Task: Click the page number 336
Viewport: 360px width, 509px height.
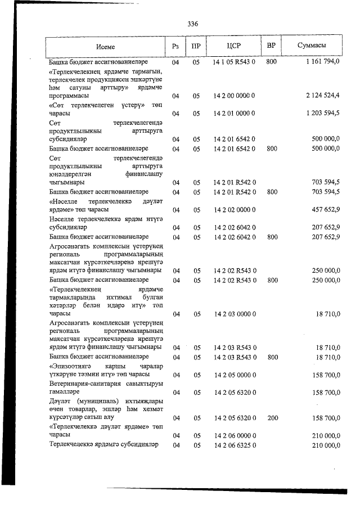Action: pyautogui.click(x=192, y=24)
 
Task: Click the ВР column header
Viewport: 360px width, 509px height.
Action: pyautogui.click(x=271, y=46)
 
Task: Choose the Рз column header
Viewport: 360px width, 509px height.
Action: pyautogui.click(x=175, y=46)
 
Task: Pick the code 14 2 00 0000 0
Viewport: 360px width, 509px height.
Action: pyautogui.click(x=235, y=96)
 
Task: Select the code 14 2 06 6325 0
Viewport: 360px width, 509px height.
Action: pyautogui.click(x=235, y=445)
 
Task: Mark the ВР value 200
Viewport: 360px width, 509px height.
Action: pyautogui.click(x=271, y=418)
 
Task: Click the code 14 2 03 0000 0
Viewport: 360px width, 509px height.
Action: pyautogui.click(x=235, y=314)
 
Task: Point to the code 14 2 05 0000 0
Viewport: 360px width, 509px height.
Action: pyautogui.click(x=235, y=375)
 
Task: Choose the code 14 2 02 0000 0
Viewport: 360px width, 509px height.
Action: pyautogui.click(x=235, y=210)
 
